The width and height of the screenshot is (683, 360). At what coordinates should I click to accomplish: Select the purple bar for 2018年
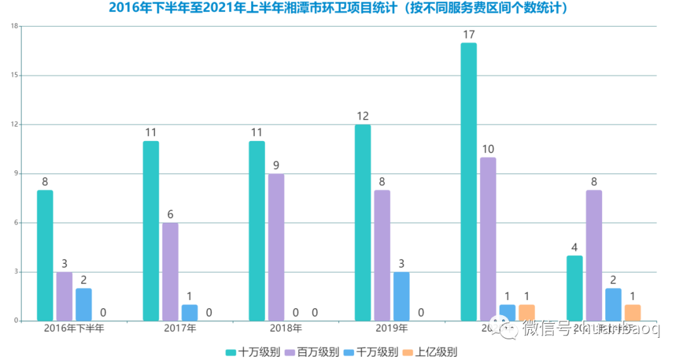[276, 247]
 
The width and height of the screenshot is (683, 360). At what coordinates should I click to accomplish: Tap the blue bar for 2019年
[402, 296]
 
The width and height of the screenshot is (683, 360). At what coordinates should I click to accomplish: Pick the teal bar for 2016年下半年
[45, 256]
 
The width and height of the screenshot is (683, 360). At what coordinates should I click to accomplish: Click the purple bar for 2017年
[170, 272]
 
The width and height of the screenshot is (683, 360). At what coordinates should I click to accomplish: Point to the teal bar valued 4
[574, 288]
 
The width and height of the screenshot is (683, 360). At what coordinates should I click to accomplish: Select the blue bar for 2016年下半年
[83, 304]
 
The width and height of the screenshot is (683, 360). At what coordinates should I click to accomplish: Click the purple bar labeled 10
[488, 239]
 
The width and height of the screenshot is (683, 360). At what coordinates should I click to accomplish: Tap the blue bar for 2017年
[190, 313]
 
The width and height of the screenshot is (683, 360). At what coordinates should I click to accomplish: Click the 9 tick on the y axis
[16, 174]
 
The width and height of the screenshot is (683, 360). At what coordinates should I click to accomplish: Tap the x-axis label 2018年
[286, 328]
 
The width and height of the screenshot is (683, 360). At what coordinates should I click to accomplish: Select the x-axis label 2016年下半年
[74, 328]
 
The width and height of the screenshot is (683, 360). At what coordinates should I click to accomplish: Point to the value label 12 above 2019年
[362, 116]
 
